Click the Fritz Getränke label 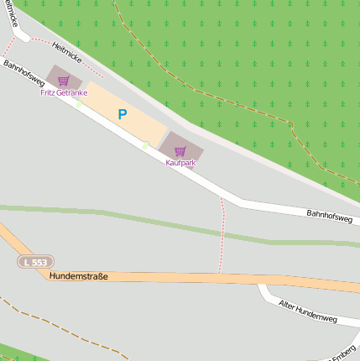click(64, 92)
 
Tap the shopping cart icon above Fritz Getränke click(63, 81)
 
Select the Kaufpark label click(180, 162)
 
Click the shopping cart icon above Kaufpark click(180, 151)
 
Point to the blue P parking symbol click(123, 114)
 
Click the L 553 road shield click(35, 262)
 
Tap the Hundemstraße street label click(79, 275)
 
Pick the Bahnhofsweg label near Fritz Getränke click(23, 73)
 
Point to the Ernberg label click(345, 350)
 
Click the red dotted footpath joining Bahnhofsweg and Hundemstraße click(222, 235)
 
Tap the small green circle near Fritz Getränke click(79, 104)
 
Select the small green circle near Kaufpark click(145, 145)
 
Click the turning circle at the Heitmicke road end click(23, 37)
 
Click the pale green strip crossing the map click(126, 217)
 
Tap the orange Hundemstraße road click(210, 279)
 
